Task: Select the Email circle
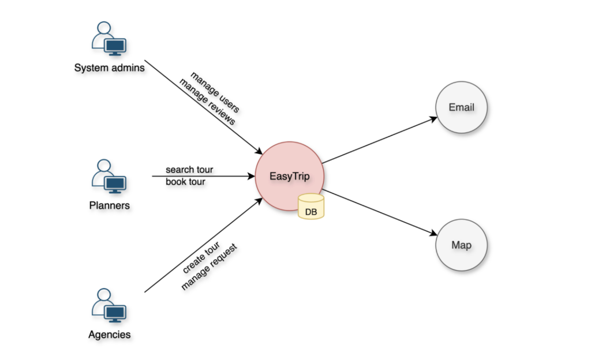pos(462,108)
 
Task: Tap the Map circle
pos(462,245)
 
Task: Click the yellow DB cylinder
pos(311,207)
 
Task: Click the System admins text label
pos(109,68)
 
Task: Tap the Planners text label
pos(109,205)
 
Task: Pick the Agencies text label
pos(109,335)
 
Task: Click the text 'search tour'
pos(189,170)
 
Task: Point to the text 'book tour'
pos(185,182)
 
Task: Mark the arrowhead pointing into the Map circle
pos(433,234)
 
